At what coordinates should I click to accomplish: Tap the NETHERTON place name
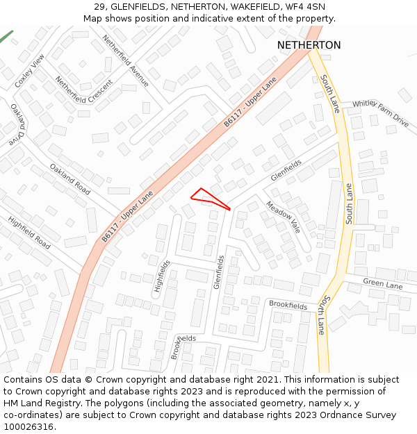click(309, 45)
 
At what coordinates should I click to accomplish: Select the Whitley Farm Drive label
click(380, 112)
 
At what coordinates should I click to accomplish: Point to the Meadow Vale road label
click(283, 217)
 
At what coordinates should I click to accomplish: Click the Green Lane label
click(383, 285)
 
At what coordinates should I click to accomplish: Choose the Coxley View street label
click(28, 70)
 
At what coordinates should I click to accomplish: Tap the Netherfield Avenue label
click(125, 60)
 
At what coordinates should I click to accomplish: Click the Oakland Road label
click(69, 178)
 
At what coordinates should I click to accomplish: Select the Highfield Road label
click(29, 233)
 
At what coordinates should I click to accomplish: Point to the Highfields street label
click(162, 276)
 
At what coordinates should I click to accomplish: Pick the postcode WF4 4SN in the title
click(307, 6)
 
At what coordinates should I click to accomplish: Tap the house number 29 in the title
click(99, 6)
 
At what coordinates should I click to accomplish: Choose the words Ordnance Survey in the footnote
click(363, 415)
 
